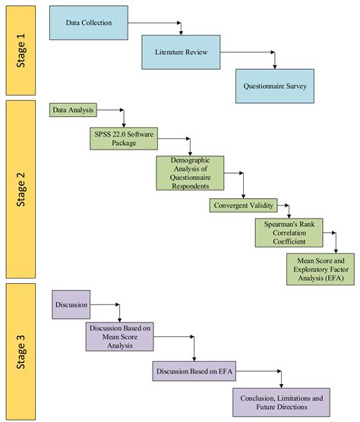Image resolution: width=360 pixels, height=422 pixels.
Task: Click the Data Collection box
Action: coord(88,23)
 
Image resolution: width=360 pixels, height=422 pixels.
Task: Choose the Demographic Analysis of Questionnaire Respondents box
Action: coord(189,173)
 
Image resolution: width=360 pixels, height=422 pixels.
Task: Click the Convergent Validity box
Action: coord(242,204)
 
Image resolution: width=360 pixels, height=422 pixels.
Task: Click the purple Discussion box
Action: coord(72,305)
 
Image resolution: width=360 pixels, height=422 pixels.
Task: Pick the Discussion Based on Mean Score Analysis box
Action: coord(120,336)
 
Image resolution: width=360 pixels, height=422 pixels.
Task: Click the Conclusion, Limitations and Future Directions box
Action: coord(282,402)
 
